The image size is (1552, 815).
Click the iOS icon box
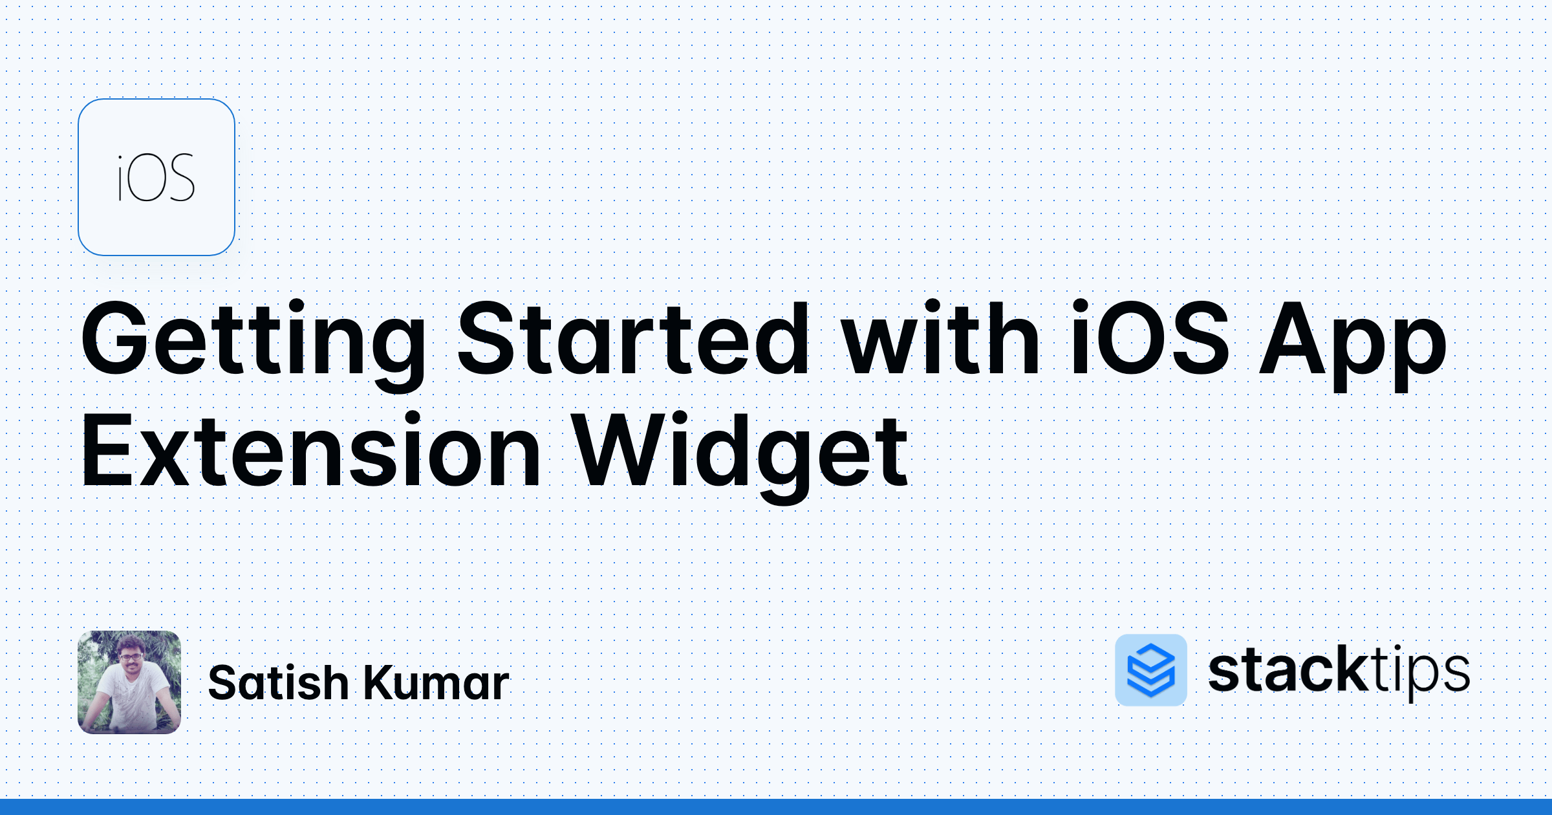click(x=156, y=177)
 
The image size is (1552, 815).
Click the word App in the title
click(x=1352, y=343)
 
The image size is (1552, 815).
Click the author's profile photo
click(x=129, y=682)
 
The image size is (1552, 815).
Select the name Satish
click(x=279, y=683)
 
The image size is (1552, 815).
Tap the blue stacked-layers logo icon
click(x=1151, y=670)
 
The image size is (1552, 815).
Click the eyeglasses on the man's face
click(x=131, y=657)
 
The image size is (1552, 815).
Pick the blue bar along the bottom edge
click(x=776, y=807)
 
